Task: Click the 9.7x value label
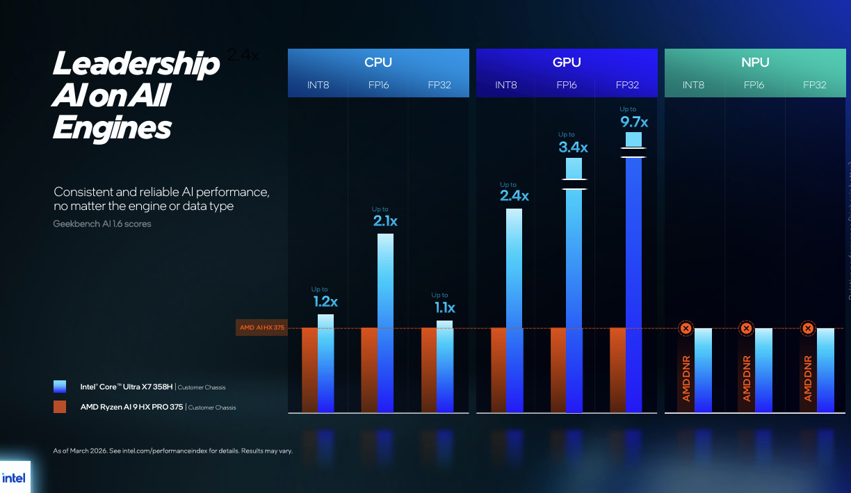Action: point(633,122)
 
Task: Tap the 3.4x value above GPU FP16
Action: point(573,147)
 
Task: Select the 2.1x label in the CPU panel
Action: point(384,222)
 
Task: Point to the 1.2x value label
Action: point(325,302)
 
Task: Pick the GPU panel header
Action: point(566,63)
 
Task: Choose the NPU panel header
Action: point(755,63)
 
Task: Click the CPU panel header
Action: point(378,63)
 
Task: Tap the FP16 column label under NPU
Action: point(754,85)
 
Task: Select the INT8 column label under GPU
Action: point(505,85)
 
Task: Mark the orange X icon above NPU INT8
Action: point(686,328)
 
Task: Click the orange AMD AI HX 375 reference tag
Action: point(262,328)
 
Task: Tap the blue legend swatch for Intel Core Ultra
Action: point(60,387)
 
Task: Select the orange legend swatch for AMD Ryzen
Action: point(60,407)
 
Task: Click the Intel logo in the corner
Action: point(14,478)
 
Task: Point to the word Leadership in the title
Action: point(136,65)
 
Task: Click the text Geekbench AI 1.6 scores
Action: point(102,224)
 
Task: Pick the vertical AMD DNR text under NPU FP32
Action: point(808,379)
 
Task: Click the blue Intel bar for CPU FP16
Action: point(385,323)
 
